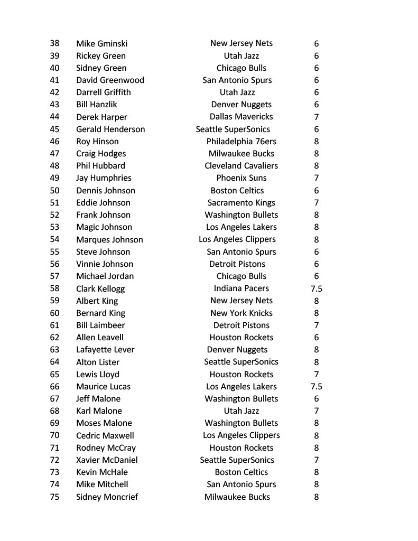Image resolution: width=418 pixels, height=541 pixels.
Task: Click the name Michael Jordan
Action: tap(105, 276)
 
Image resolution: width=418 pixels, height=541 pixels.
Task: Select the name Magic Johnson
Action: tap(104, 227)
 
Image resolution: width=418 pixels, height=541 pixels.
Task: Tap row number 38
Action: tap(54, 44)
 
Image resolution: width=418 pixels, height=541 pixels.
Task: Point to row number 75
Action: tap(54, 497)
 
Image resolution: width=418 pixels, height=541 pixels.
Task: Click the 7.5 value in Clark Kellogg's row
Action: tap(316, 289)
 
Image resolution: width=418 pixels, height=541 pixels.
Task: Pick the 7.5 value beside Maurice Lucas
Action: tap(316, 387)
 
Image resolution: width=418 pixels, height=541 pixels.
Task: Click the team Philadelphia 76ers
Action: tap(241, 142)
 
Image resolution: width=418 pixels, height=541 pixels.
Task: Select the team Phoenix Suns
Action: tap(241, 178)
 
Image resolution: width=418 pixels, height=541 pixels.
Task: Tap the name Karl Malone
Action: tap(99, 411)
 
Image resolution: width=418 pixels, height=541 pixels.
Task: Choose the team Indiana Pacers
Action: tap(241, 288)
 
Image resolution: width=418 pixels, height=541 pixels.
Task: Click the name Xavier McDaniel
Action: tap(107, 460)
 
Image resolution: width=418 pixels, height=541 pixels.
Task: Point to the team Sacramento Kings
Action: tap(241, 203)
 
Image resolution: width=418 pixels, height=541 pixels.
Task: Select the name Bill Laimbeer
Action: tap(100, 325)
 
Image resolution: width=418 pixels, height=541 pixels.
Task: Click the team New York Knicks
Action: tap(241, 313)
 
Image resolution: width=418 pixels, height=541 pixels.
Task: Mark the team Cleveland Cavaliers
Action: tap(241, 166)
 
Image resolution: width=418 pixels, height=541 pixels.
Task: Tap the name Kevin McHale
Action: tap(102, 472)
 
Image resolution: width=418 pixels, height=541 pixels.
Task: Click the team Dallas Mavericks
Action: tap(241, 117)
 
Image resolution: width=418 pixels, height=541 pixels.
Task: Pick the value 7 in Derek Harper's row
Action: tap(316, 117)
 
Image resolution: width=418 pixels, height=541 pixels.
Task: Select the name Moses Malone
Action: tap(104, 423)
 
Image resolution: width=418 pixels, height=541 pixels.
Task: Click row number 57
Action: tap(54, 276)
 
